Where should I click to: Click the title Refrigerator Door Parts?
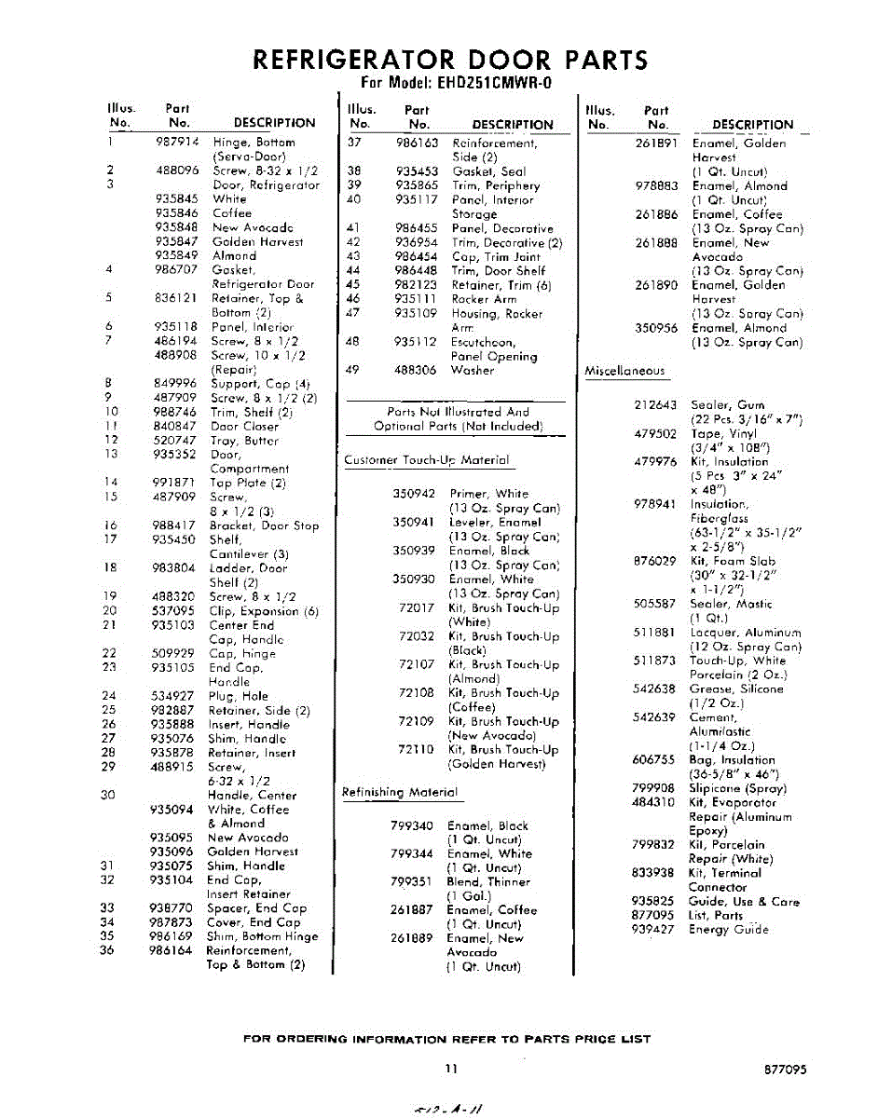coord(450,61)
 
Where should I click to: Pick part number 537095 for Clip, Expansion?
coord(173,611)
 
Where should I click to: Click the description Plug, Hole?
coord(238,696)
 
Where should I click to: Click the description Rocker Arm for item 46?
coord(484,299)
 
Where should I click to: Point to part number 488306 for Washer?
coord(415,370)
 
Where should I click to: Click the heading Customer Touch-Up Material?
coord(427,460)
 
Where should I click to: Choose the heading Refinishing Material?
coord(401,793)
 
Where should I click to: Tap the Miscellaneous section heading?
coord(624,371)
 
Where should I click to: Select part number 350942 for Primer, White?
coord(414,494)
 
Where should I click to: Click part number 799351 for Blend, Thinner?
coord(412,881)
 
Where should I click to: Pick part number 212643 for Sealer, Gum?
coord(654,405)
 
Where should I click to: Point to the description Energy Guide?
coord(729,930)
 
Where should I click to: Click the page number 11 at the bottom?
coord(450,1070)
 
